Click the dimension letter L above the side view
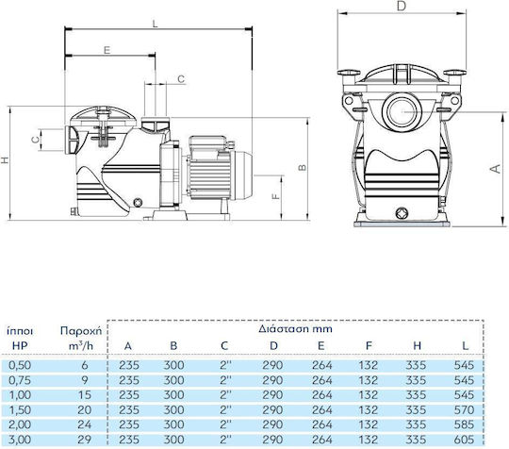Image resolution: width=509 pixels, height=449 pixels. tap(155, 24)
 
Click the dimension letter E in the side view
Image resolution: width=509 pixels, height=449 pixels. tap(107, 50)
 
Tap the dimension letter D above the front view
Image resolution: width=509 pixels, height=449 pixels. tap(402, 6)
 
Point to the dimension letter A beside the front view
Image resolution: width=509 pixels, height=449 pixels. tap(496, 169)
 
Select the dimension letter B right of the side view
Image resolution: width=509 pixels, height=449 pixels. tap(303, 167)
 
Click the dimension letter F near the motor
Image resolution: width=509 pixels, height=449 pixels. tap(275, 196)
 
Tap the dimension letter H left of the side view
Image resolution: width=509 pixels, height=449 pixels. tap(5, 159)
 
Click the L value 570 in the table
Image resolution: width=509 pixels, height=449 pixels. tap(464, 410)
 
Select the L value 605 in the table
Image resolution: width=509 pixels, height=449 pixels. tap(464, 440)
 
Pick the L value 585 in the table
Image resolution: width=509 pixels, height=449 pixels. tap(464, 425)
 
